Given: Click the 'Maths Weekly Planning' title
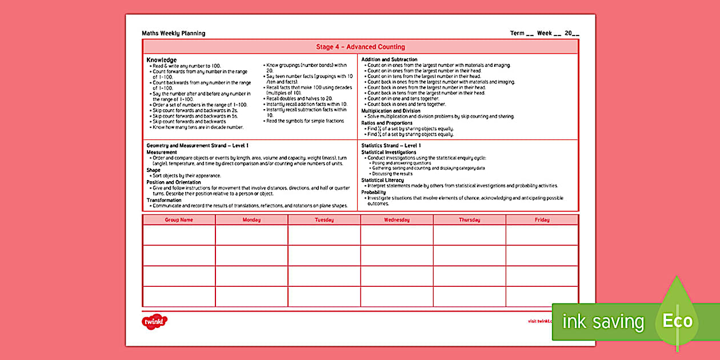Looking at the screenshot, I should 173,33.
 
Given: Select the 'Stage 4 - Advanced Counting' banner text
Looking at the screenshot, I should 360,47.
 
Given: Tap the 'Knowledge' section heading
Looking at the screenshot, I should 161,60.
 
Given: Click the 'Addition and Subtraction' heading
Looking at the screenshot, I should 389,59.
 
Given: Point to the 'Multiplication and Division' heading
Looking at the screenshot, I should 390,111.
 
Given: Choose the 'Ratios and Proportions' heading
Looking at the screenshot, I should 387,123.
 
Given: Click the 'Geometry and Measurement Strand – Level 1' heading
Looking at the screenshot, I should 197,146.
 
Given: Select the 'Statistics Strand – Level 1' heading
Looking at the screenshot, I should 391,146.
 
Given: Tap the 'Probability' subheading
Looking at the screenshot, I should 374,192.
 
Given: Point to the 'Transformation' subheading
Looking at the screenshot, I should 163,200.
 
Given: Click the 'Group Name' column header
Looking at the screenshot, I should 179,220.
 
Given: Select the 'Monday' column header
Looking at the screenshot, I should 251,220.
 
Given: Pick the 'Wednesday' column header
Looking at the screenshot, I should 397,220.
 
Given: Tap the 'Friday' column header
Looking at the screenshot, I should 542,220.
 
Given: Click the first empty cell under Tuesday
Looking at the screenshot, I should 324,235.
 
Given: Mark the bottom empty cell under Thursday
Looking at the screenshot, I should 469,297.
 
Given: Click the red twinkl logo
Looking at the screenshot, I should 154,321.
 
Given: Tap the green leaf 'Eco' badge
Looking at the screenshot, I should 678,321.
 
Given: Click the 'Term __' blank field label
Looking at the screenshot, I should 522,33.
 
